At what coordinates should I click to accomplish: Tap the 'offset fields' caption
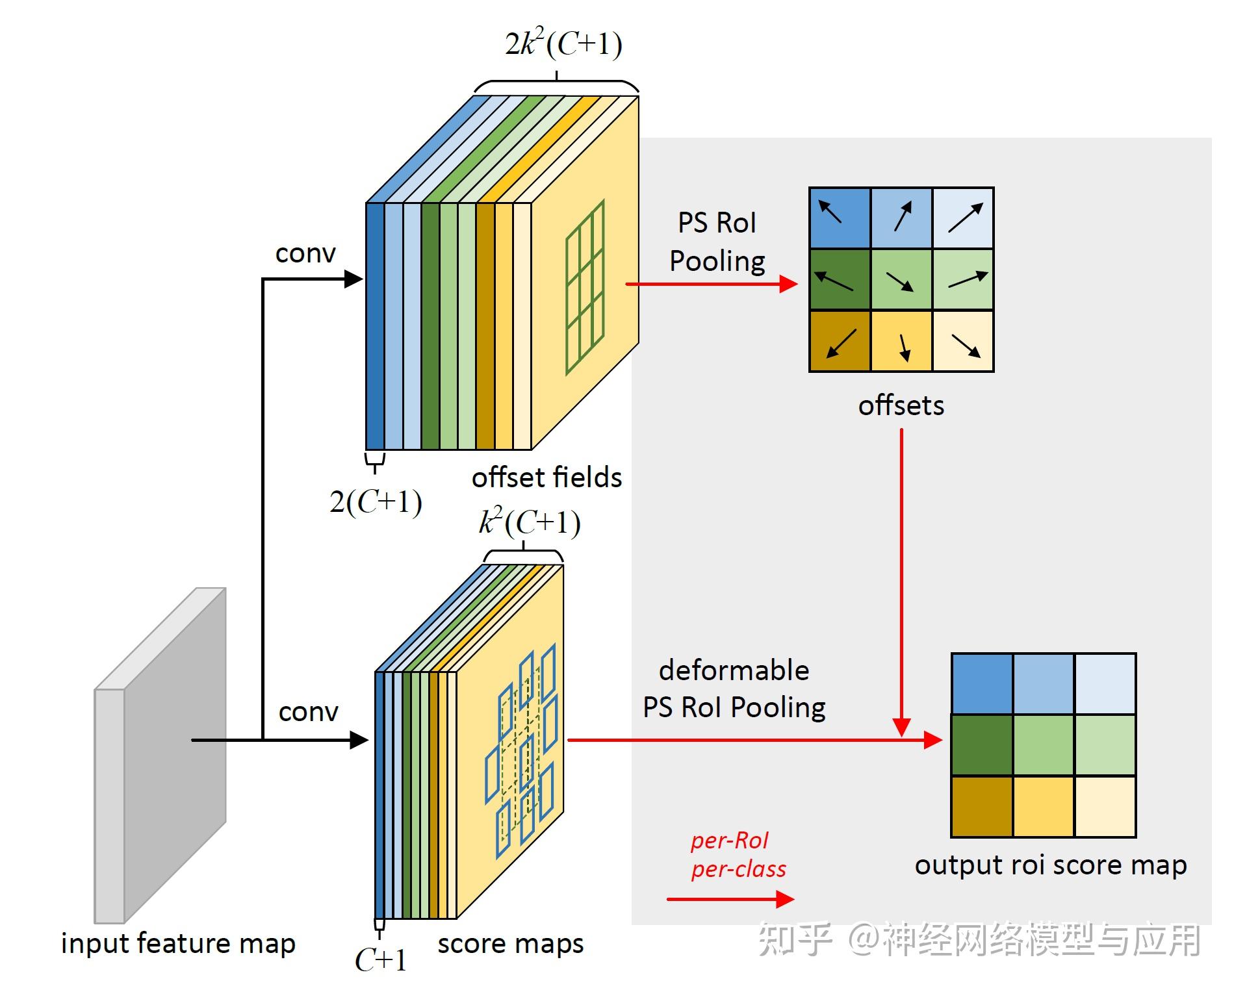[546, 478]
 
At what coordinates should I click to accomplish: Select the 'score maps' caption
[510, 944]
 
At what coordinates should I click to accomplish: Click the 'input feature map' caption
[178, 944]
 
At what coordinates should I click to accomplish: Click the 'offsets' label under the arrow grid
[901, 406]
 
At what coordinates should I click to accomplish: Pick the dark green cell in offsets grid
[840, 279]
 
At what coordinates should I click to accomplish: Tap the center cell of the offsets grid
[901, 279]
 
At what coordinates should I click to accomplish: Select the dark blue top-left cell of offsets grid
[840, 218]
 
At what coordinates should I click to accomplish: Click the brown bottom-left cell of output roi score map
[981, 807]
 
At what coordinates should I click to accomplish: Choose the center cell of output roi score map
[1043, 745]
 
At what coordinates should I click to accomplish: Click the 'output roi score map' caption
[1050, 865]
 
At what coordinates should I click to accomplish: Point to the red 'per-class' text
[738, 869]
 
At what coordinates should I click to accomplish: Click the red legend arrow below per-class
[730, 899]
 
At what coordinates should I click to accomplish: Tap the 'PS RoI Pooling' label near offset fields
[717, 242]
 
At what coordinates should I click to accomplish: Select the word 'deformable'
[734, 670]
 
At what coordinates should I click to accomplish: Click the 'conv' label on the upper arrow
[305, 253]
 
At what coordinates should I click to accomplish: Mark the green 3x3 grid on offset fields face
[585, 287]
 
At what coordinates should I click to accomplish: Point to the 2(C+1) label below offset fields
[376, 502]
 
